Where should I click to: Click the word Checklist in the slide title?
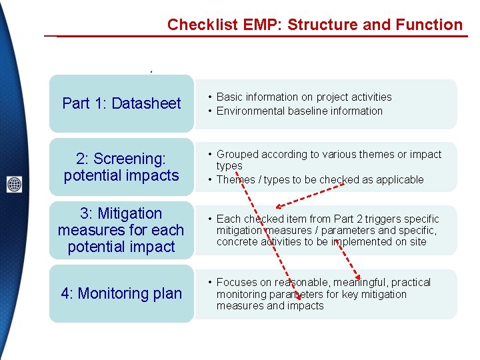[x=196, y=25]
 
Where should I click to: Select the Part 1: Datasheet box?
[x=121, y=103]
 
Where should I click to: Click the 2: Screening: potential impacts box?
[x=121, y=167]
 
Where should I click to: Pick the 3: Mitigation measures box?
[x=121, y=230]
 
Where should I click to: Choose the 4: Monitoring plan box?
[x=121, y=293]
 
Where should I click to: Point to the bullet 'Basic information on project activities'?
[x=304, y=97]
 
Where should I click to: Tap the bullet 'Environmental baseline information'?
[x=299, y=111]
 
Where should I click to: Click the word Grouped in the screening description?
[x=237, y=155]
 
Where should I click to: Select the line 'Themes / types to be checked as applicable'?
[x=320, y=180]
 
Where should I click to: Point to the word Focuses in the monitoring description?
[x=237, y=283]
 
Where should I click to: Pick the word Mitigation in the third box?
[x=130, y=213]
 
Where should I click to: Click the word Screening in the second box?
[x=133, y=159]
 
